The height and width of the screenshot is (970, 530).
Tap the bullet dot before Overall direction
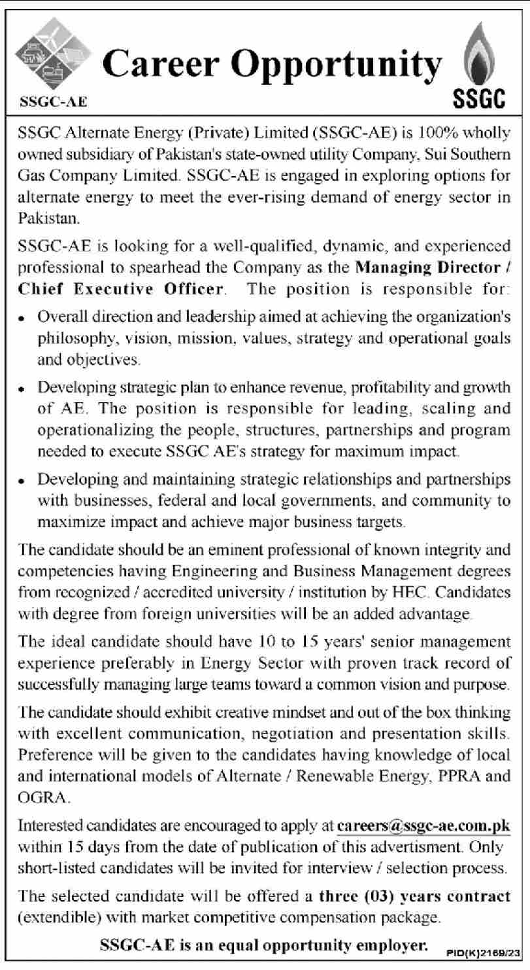point(24,317)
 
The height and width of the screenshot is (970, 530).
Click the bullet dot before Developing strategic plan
point(24,389)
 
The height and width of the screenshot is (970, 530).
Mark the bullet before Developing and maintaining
point(24,480)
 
